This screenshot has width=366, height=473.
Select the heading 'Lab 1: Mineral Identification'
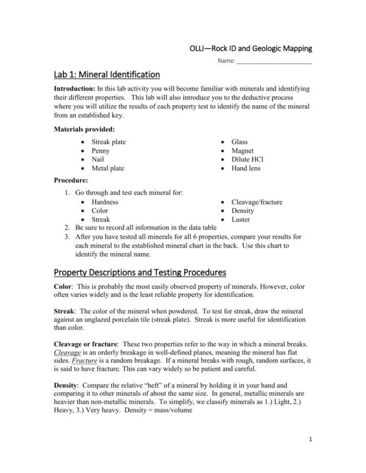coord(107,75)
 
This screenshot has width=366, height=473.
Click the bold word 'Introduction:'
coord(75,89)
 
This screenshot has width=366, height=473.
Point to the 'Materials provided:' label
coord(83,129)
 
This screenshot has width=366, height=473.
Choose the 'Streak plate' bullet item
coord(108,142)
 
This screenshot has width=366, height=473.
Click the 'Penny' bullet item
coord(100,151)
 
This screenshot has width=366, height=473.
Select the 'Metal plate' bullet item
coord(108,168)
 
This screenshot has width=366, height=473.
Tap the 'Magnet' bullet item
coord(242,151)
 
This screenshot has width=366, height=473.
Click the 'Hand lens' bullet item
coord(246,168)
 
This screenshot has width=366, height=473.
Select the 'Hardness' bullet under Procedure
coord(105,202)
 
